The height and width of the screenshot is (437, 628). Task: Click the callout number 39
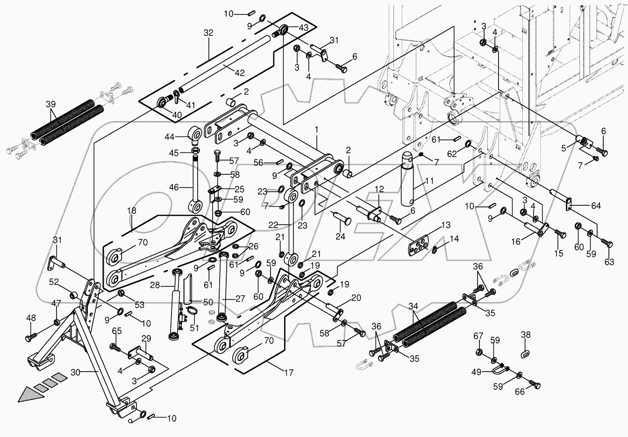(50, 104)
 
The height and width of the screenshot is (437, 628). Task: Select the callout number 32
(208, 33)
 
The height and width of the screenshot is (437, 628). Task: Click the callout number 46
(174, 187)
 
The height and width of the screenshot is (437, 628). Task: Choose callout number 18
(132, 211)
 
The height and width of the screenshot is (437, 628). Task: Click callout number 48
(31, 318)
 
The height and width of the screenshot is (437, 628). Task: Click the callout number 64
(596, 206)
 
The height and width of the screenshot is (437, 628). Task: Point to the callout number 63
(609, 263)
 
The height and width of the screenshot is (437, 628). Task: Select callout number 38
(526, 335)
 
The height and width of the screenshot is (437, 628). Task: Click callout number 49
(476, 372)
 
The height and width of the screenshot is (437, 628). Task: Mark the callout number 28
(155, 285)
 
